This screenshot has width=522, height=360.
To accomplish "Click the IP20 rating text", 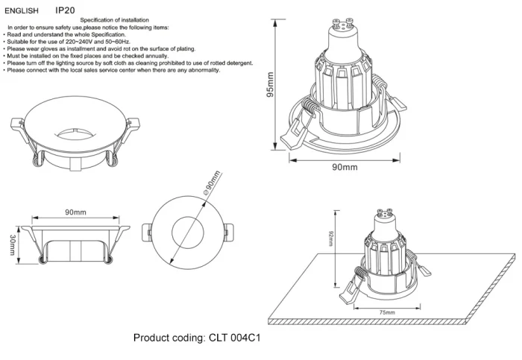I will tap(65, 12).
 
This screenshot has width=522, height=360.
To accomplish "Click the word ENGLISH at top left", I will tap(22, 12).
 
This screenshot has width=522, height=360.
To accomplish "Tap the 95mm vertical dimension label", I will tap(270, 88).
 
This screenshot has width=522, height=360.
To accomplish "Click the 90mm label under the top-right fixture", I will tap(344, 167).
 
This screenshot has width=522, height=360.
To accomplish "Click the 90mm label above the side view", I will tap(75, 212).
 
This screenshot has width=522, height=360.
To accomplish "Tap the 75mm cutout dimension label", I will tap(386, 312).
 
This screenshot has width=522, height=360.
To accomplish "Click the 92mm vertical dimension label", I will tap(330, 239).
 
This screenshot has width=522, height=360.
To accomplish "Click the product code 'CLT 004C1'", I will tap(233, 338).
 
